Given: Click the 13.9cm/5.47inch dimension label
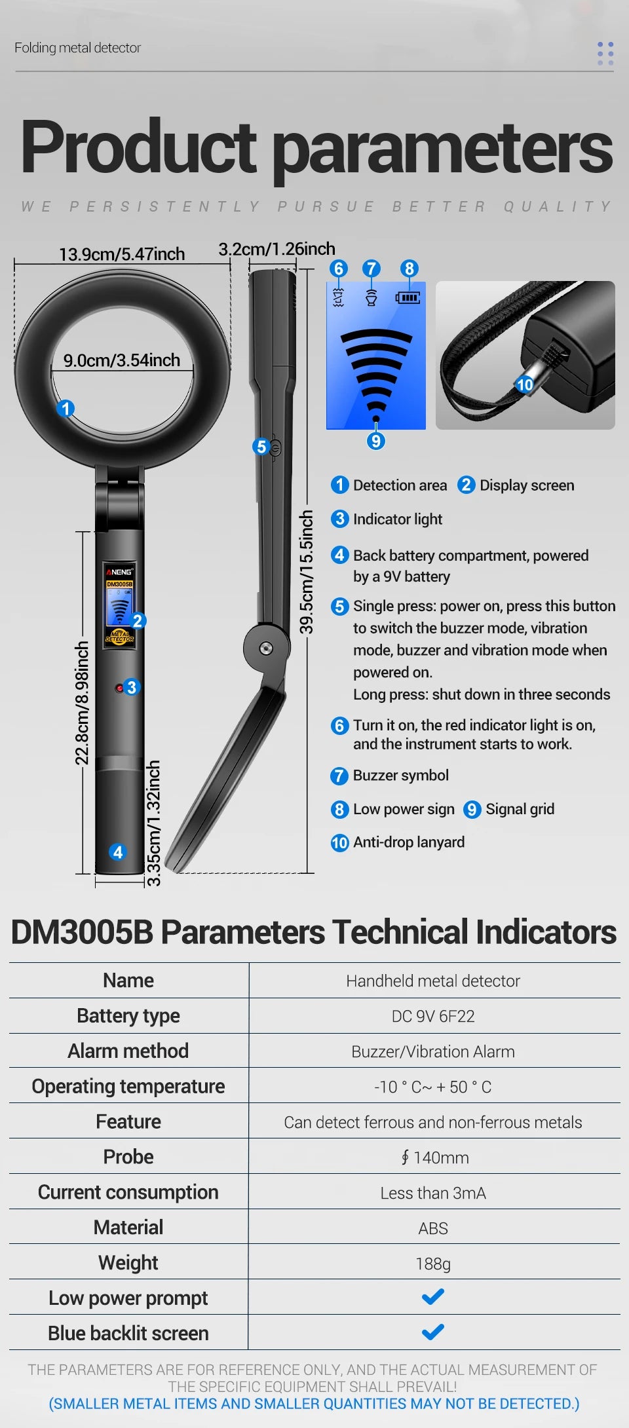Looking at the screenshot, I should [x=122, y=254].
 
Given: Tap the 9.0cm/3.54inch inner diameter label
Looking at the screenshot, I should [x=122, y=360].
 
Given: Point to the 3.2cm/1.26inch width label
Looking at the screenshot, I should [x=276, y=249].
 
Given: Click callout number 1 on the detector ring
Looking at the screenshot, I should [x=66, y=409].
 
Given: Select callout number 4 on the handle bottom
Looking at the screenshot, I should [x=118, y=852].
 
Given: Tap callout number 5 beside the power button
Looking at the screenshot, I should [x=261, y=447].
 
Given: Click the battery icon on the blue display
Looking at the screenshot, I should [x=408, y=298].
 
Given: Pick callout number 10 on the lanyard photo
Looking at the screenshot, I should [x=525, y=385].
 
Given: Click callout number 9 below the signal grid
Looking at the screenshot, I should [x=375, y=441].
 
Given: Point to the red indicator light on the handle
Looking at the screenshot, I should [x=119, y=688].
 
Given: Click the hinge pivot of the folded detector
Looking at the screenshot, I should [x=266, y=648].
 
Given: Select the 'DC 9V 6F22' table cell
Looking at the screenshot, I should [x=433, y=1016].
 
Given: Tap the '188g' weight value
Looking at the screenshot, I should [x=433, y=1264].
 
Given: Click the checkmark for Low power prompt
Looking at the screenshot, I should [x=433, y=1297].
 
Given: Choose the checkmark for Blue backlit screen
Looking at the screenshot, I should [x=433, y=1332].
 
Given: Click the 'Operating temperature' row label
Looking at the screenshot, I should [x=128, y=1086].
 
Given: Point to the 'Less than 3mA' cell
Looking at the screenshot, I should [x=433, y=1193].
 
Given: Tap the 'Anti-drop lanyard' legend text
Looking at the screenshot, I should [x=409, y=842].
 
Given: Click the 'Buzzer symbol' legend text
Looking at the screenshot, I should [x=401, y=776].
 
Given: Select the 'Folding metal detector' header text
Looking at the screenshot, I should [x=77, y=48].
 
